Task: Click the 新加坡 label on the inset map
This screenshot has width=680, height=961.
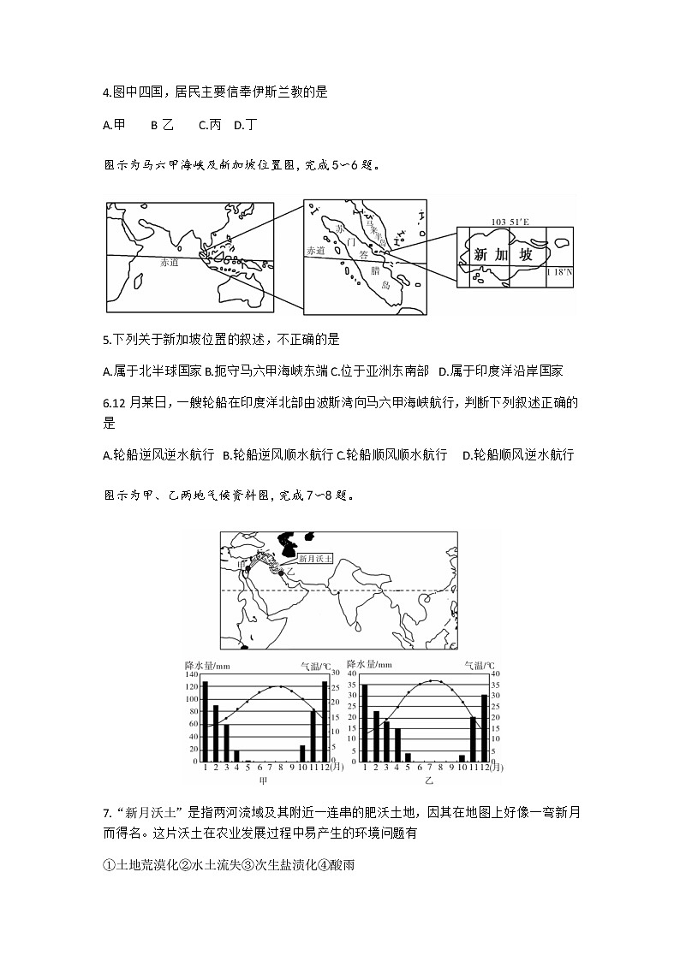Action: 502,255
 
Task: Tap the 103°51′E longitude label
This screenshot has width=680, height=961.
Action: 510,222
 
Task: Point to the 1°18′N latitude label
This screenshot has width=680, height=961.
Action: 559,271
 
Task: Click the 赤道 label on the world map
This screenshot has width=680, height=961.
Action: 170,263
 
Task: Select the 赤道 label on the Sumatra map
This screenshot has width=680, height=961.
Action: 316,251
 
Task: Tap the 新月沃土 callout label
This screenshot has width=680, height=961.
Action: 314,557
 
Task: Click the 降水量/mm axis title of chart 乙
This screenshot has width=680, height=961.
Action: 369,664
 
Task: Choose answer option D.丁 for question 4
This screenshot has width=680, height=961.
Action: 245,125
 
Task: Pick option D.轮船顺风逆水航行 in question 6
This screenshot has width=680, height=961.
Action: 517,454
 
